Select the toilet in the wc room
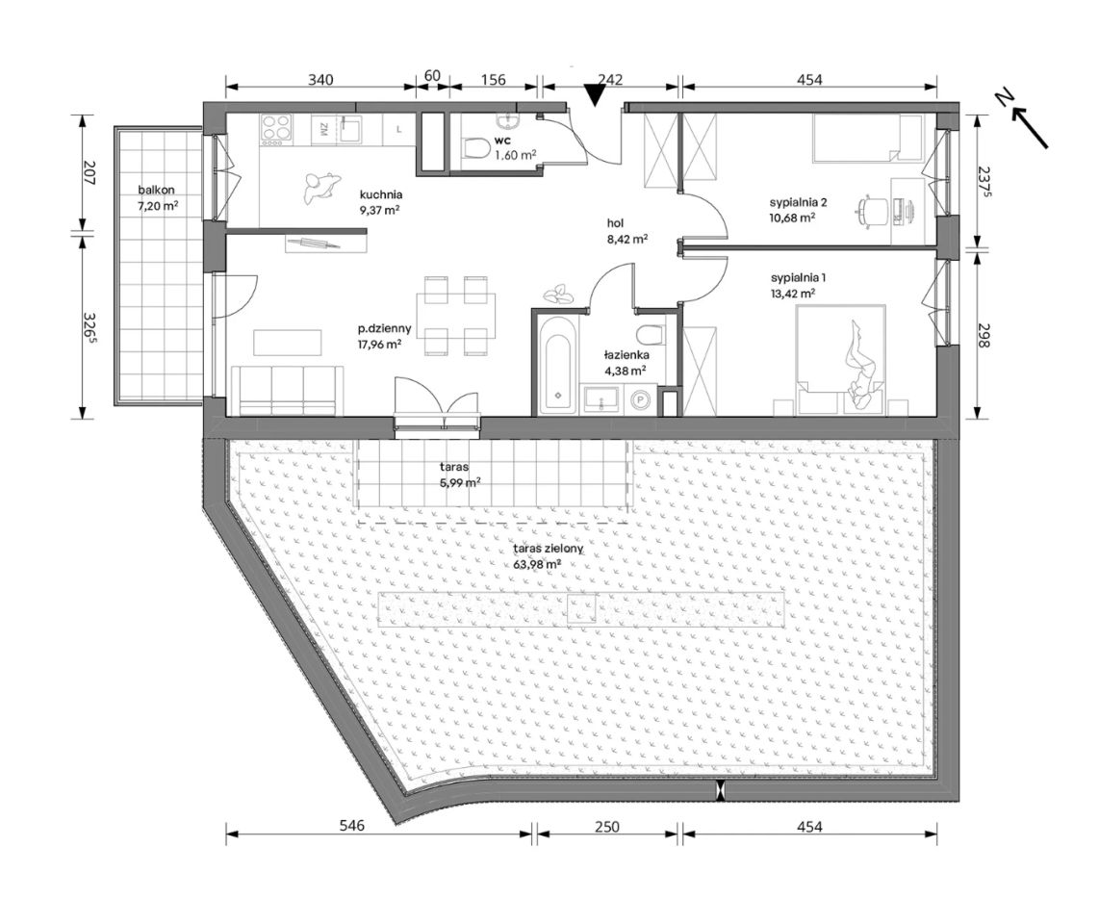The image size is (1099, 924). (477, 148)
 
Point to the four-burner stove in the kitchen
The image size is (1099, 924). (276, 128)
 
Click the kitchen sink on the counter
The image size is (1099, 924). (351, 128)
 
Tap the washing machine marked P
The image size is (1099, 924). (639, 399)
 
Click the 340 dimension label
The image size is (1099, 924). (321, 79)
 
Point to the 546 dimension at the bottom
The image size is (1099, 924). (352, 826)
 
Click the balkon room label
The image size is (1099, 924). (156, 190)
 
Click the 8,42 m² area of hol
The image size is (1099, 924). (627, 239)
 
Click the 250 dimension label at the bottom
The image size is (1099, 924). (607, 827)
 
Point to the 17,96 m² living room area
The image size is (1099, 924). (379, 344)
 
